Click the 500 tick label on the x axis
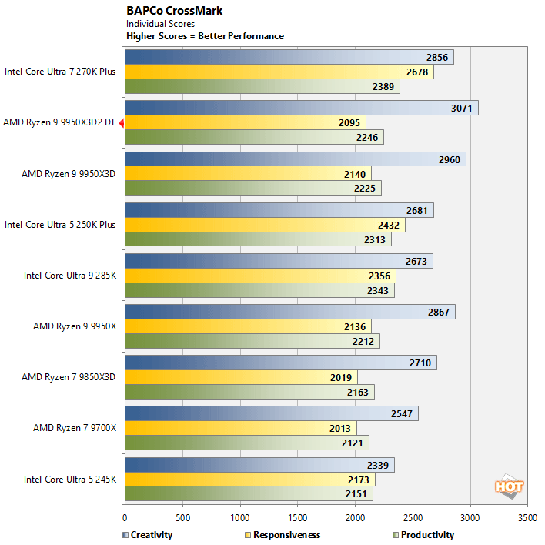pos(182,518)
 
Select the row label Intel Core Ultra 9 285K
pos(69,275)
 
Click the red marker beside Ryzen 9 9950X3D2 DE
pos(121,122)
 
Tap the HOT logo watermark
pos(509,486)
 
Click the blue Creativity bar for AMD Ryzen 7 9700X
pos(271,413)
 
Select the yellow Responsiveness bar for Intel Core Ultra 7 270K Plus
pos(279,72)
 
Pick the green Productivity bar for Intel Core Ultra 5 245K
pos(248,493)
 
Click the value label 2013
pos(343,428)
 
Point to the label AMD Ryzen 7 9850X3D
pos(69,377)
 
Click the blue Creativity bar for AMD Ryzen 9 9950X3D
pos(295,159)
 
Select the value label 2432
pos(390,225)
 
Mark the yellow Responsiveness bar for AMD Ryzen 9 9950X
pos(247,326)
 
